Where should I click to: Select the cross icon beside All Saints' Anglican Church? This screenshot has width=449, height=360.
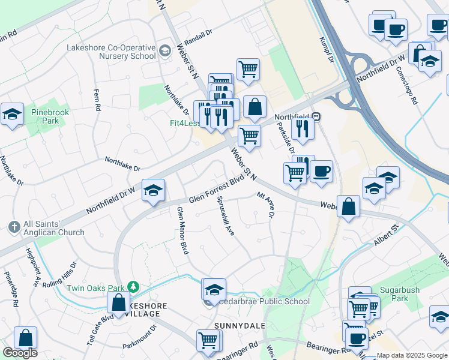[14, 227]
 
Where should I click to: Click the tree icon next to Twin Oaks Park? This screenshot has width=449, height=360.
[136, 287]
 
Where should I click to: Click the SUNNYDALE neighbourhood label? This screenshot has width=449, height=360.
[236, 325]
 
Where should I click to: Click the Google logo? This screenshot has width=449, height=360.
[20, 353]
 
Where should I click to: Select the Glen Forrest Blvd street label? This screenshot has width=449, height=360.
[217, 190]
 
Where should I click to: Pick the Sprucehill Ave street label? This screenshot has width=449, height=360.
[226, 215]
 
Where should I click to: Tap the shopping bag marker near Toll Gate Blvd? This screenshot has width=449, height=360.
[118, 304]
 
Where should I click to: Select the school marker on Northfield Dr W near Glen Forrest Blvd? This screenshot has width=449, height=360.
[153, 190]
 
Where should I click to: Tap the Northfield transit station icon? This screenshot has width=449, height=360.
[315, 116]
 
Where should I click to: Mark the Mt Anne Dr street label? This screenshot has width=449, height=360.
[265, 205]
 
